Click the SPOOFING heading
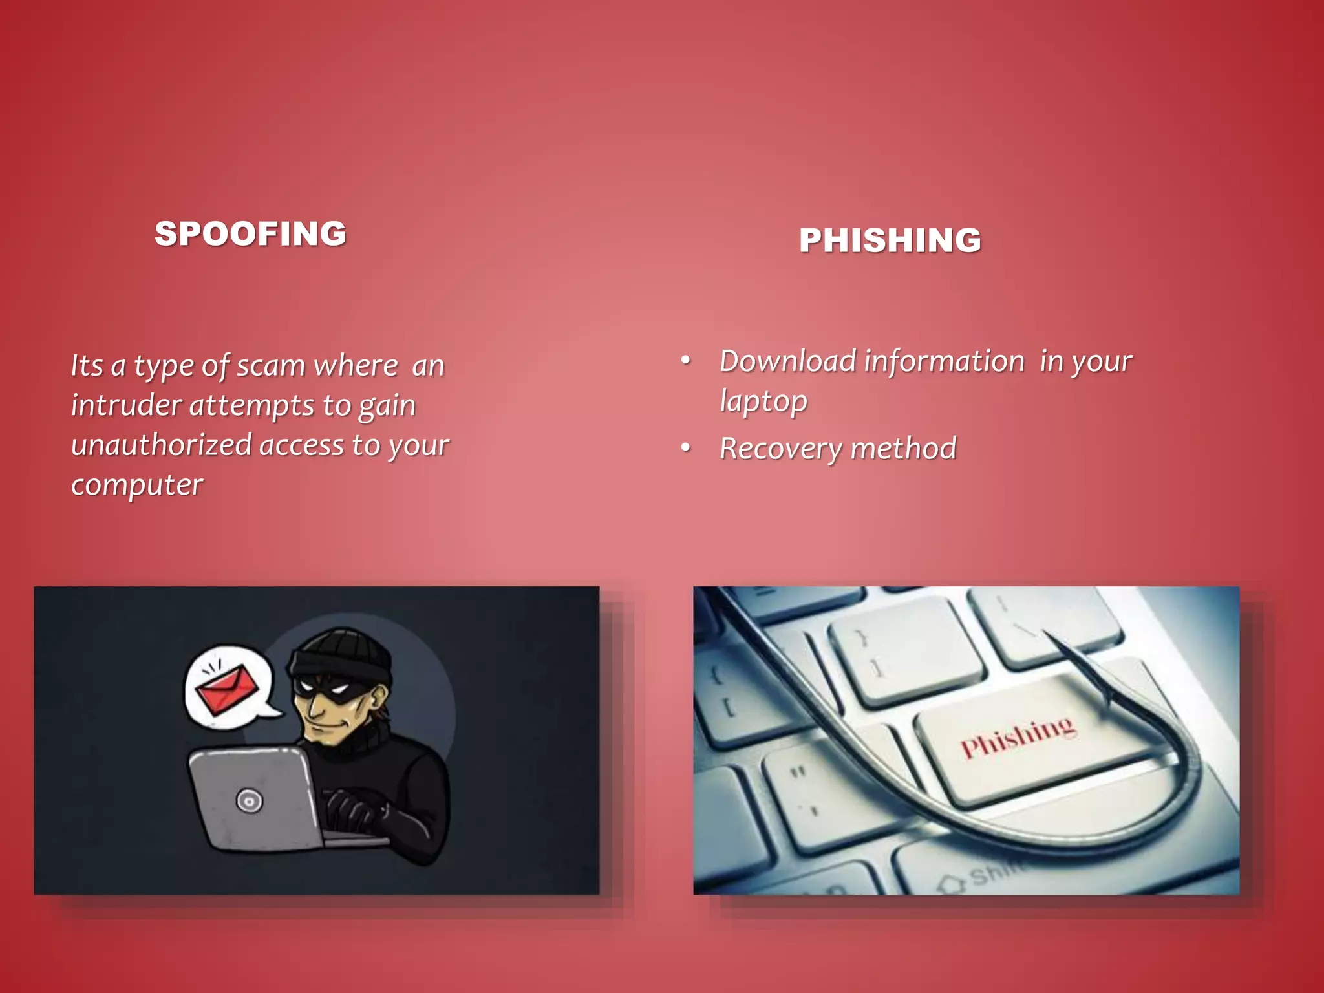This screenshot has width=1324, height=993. coord(250,234)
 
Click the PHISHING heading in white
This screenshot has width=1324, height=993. coord(890,240)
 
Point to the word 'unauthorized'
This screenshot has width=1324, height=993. coord(162,445)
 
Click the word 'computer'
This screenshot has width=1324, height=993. coord(137,486)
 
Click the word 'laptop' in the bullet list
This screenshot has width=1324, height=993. coord(763,401)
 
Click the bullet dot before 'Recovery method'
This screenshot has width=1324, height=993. coord(686,447)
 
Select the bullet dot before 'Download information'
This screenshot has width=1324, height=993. coord(686,360)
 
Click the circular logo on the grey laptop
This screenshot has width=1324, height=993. coord(249,801)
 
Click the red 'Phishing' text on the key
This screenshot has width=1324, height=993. coord(1018,737)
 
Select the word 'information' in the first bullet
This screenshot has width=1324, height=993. coord(944,361)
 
